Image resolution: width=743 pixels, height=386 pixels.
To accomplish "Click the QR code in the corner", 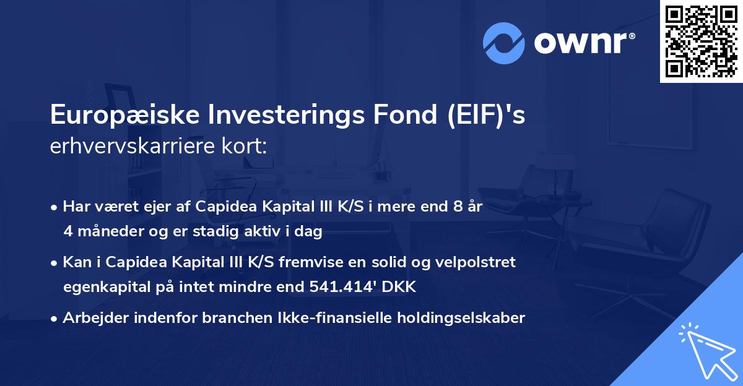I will (x=701, y=41).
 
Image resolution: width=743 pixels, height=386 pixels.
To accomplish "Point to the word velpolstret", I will (x=478, y=262).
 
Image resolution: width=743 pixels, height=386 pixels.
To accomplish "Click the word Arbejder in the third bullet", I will (x=92, y=318).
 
